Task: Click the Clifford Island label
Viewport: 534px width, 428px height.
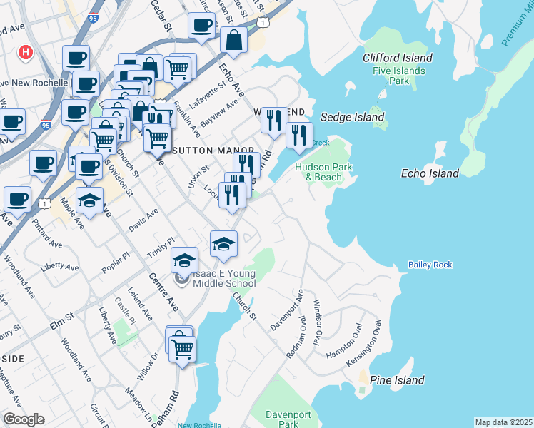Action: click(x=397, y=58)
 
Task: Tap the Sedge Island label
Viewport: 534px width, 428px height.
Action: click(x=352, y=117)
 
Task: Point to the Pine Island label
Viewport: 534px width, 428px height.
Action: click(x=398, y=380)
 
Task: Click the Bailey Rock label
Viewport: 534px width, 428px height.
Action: click(x=430, y=265)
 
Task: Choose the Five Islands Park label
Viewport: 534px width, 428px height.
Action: click(x=398, y=76)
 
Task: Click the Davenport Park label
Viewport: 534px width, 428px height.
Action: click(x=288, y=419)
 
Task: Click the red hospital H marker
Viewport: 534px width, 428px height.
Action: click(x=26, y=53)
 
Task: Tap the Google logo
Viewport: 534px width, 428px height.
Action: click(x=24, y=419)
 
